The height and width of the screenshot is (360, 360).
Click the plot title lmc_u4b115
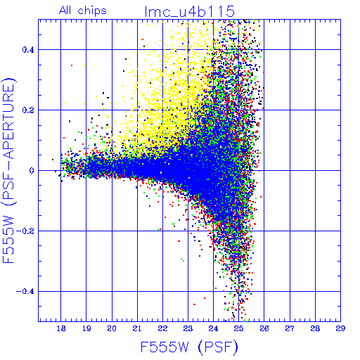[190, 11]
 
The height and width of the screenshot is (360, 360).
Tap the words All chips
[83, 11]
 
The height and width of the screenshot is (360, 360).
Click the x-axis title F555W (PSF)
[189, 347]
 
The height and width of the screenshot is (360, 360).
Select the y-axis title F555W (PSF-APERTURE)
[8, 170]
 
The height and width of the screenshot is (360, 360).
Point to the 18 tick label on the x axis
[61, 328]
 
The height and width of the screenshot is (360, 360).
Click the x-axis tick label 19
[86, 328]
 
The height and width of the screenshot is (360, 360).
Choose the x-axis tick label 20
[112, 328]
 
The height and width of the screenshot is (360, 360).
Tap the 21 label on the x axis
[137, 328]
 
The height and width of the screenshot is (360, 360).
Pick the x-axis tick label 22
[162, 328]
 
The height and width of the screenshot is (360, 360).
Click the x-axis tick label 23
[188, 328]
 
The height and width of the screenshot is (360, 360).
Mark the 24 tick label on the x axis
[213, 328]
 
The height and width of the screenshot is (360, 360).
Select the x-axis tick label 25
[239, 328]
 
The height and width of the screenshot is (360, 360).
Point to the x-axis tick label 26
[264, 328]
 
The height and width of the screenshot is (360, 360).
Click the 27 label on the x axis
[290, 328]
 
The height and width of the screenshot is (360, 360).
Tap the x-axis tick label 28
[315, 328]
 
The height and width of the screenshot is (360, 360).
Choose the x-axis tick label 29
[340, 328]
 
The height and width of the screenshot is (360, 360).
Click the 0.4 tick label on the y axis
[28, 50]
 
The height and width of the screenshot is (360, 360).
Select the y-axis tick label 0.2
[28, 110]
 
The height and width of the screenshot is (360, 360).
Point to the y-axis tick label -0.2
[25, 231]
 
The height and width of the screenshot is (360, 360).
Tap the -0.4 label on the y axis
[25, 292]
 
